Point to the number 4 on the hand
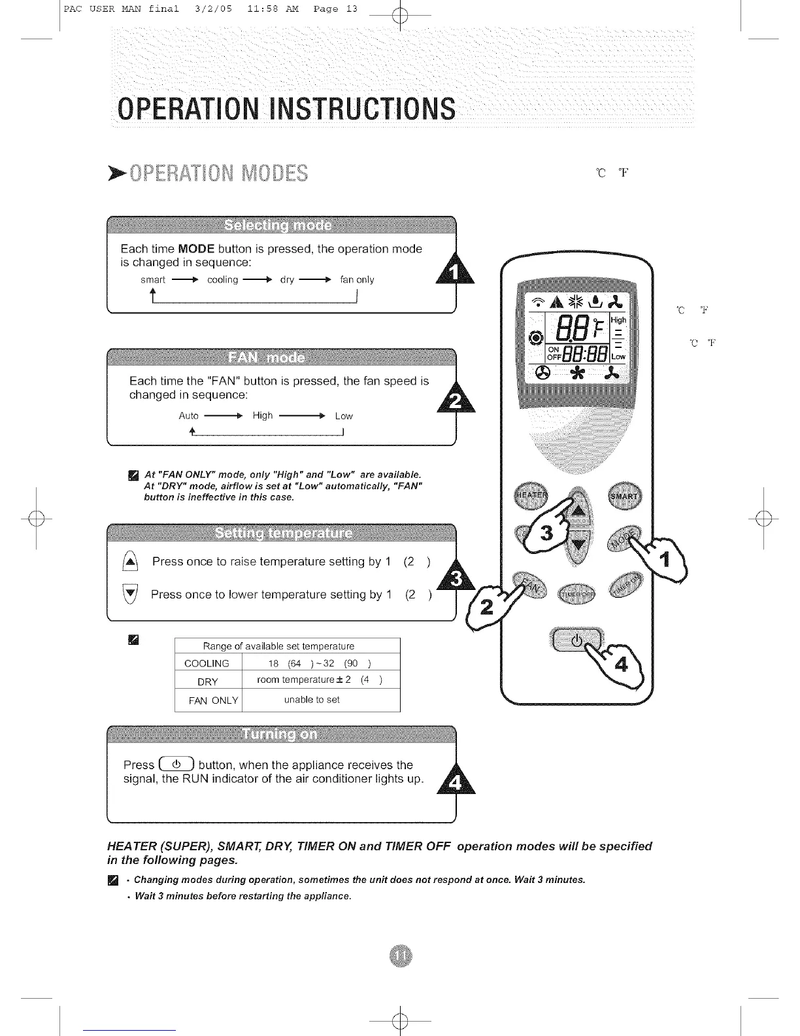click(x=621, y=665)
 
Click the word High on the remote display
click(x=618, y=320)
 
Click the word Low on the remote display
click(x=618, y=356)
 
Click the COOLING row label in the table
click(x=207, y=663)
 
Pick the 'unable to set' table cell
click(x=312, y=700)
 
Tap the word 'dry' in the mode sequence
click(x=287, y=279)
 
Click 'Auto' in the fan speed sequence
click(x=188, y=416)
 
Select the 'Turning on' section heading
click(x=280, y=734)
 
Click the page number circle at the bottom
click(x=400, y=956)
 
